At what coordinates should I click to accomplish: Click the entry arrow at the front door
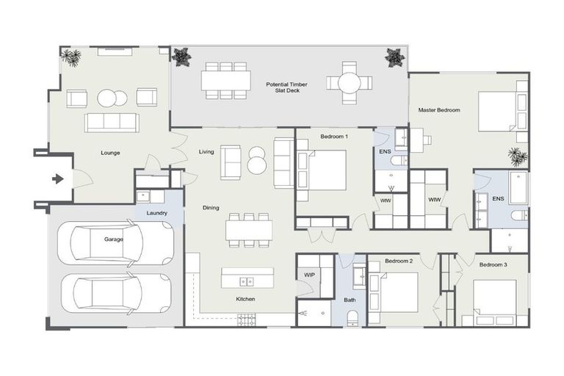coord(58,178)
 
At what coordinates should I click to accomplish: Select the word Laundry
coord(156,214)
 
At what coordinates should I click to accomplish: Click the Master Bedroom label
coord(439,110)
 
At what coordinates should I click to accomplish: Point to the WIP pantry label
coord(309,275)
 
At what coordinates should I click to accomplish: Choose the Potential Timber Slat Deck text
coord(286,89)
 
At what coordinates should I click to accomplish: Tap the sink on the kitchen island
coord(248,280)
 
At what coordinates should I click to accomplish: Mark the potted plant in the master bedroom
coord(517,156)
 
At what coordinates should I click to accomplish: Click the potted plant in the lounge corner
coord(71,57)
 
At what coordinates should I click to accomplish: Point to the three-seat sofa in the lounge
coord(112,122)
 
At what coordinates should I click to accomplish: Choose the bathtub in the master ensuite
coord(518,188)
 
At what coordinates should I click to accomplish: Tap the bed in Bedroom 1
coord(323,170)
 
